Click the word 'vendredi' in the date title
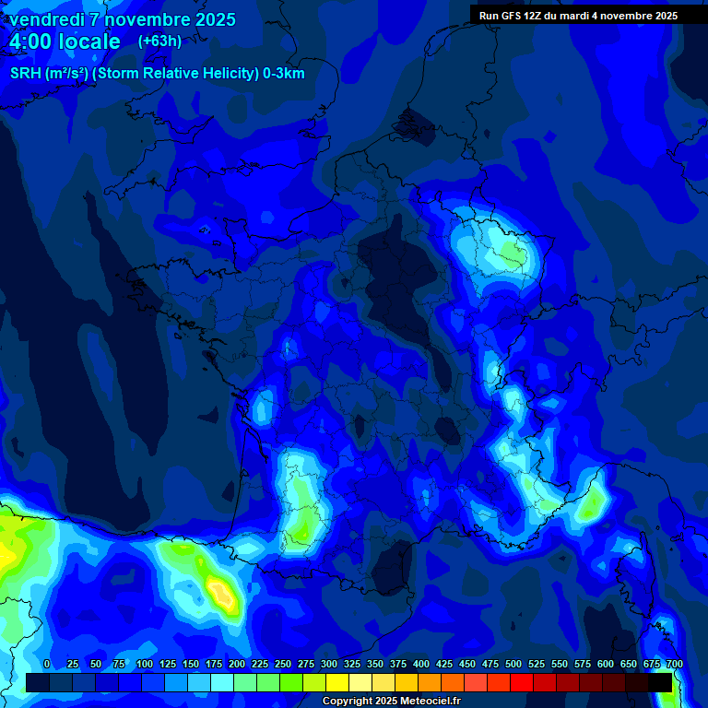point(46,19)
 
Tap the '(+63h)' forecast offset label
point(159,41)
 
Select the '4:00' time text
point(31,41)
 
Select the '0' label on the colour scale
point(47,664)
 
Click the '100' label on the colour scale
point(145,664)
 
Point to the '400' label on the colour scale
point(421,664)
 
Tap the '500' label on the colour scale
point(513,664)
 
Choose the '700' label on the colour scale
point(674,664)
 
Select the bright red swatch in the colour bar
point(522,682)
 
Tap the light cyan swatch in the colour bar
point(222,682)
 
